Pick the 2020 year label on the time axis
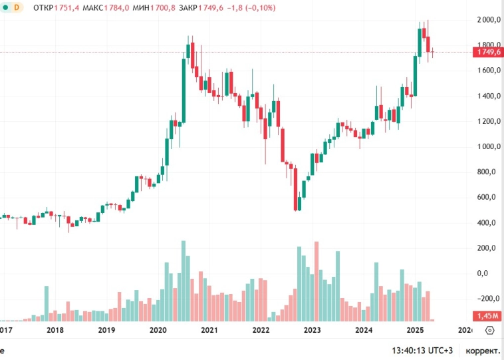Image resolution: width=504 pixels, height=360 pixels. click(x=158, y=330)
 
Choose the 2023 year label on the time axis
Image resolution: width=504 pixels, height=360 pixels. click(x=313, y=330)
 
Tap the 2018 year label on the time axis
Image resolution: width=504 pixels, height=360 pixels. click(x=55, y=330)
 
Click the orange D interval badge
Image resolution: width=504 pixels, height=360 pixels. click(x=17, y=7)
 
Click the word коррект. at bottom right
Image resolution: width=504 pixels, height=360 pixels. click(x=483, y=349)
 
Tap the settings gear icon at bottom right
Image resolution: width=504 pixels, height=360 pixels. click(x=490, y=330)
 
